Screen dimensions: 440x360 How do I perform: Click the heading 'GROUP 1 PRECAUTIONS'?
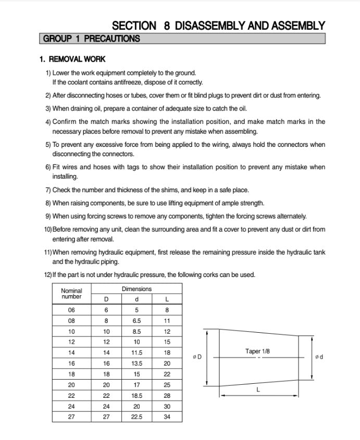point(92,39)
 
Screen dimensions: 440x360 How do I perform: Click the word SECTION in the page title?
point(134,26)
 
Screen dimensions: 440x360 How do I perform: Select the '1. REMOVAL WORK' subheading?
point(72,59)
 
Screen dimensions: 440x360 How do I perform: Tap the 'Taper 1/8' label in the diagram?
point(257,351)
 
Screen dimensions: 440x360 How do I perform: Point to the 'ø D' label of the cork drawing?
point(197,357)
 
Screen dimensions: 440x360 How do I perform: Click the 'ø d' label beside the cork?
point(319,357)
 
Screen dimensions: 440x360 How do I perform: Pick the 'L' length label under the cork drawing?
point(258,389)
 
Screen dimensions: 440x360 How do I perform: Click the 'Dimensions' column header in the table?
point(136,288)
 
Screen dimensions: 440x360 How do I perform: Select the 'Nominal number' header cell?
point(71,294)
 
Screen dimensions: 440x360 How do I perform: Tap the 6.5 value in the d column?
point(136,321)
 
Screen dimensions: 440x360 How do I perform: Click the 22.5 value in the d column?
point(136,417)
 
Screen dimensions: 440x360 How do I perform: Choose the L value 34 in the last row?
point(167,417)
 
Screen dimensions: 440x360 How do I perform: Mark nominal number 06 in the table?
point(71,310)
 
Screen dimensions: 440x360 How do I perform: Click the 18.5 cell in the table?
point(136,396)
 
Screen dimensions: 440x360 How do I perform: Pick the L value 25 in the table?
point(167,385)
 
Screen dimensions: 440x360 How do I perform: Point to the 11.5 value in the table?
point(136,353)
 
